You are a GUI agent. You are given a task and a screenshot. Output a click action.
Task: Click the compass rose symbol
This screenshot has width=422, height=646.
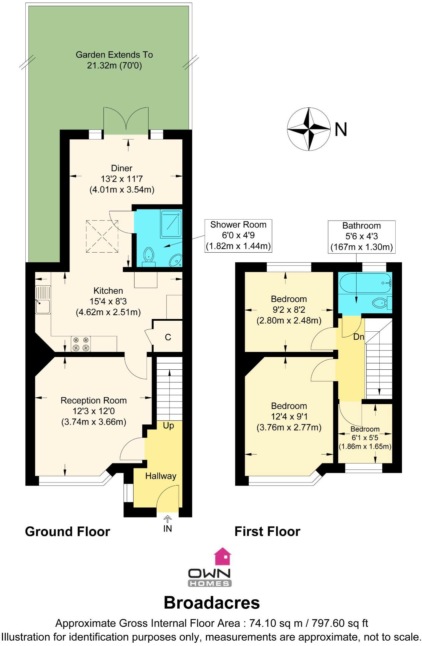coord(309,129)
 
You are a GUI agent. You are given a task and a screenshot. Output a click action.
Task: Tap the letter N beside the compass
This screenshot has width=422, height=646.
coord(341,129)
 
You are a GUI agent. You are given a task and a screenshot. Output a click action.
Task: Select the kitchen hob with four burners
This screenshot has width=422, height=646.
coord(81,344)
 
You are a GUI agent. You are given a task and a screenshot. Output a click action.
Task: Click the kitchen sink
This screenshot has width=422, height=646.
coord(43,300)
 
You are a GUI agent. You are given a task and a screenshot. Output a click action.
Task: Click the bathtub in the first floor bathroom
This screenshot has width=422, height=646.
coord(365,284)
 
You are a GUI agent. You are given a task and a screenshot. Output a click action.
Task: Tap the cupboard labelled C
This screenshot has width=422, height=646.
coord(168,337)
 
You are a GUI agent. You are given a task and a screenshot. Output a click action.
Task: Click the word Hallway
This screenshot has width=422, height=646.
coord(161,476)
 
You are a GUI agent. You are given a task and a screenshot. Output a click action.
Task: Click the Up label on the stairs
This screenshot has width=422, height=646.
coord(169,425)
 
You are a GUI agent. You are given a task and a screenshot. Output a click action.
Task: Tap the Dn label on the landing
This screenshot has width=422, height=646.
coord(359,337)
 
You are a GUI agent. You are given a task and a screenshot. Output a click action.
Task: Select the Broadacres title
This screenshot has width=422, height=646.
coord(212,603)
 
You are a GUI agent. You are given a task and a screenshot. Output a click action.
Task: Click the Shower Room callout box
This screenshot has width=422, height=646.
coord(238,236)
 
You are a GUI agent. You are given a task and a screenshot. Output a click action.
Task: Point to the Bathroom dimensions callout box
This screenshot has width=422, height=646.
coord(362,237)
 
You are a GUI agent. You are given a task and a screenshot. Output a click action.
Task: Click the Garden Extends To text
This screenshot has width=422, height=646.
coord(114,55)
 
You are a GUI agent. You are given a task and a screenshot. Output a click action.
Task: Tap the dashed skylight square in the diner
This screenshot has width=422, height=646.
coord(102,236)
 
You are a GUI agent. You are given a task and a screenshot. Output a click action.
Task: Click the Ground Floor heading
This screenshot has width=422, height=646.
coord(67,532)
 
